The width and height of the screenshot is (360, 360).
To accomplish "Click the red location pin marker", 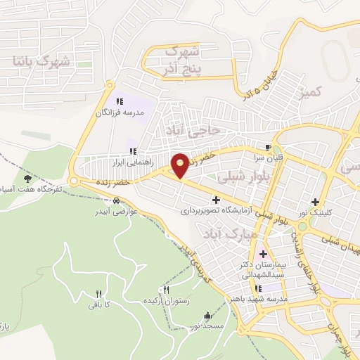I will tap(180, 165).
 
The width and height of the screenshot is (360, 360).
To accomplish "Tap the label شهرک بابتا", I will tap(43, 62).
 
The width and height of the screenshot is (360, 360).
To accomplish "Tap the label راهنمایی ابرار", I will tap(109, 162).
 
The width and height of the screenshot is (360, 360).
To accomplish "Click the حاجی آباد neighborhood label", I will tap(193, 130).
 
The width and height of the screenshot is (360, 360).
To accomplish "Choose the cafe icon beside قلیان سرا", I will tap(267, 147).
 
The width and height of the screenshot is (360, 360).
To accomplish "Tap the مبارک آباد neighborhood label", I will tap(227, 235).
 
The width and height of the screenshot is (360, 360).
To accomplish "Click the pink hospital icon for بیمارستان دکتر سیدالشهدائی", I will tap(264, 254).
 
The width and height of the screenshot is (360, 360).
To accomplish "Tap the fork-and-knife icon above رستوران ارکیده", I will tap(167, 290).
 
